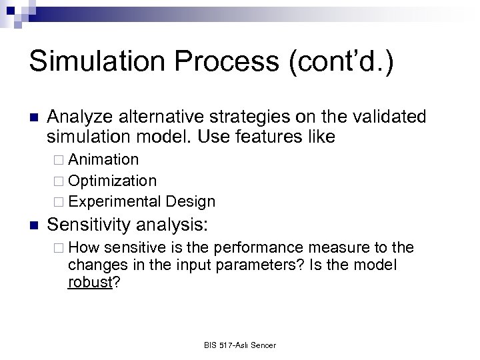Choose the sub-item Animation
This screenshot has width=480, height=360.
(103, 160)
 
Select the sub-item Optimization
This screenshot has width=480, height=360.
(113, 181)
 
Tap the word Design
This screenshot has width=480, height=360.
(192, 201)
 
